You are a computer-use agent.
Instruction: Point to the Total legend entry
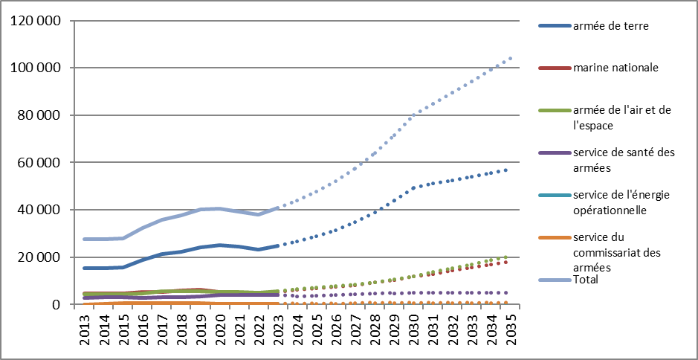pos(586,280)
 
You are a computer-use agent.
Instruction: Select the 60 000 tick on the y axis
pos(36,162)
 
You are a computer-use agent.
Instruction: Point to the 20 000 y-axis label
pos(36,257)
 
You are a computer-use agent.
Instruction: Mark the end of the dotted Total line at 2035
pos(510,58)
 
